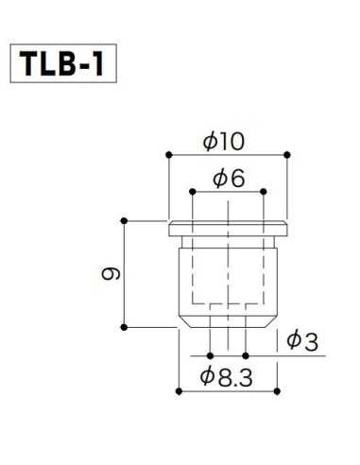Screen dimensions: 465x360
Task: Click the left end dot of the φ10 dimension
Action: pyautogui.click(x=168, y=154)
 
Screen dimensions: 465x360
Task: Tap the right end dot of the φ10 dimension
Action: pyautogui.click(x=286, y=154)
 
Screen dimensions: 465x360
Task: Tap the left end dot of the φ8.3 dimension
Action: pyautogui.click(x=178, y=388)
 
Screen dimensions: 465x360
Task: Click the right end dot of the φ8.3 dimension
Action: pyautogui.click(x=277, y=388)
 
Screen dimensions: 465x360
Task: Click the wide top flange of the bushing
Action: pyautogui.click(x=227, y=227)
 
